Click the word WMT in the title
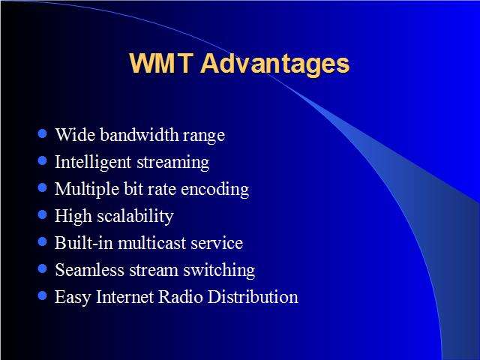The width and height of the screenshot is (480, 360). pos(161,63)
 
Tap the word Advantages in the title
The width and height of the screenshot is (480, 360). pos(275,64)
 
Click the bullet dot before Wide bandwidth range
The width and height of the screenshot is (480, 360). pos(42,133)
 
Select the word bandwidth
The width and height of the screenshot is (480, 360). pos(139,134)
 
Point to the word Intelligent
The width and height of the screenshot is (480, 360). pos(93,162)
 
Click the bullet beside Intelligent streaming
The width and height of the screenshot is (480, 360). pos(42,160)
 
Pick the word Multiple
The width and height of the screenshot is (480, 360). pos(87,189)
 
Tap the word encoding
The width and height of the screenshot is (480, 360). pos(215,189)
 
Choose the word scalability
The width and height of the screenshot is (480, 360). pos(135,216)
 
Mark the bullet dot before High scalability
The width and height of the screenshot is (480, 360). pos(42,214)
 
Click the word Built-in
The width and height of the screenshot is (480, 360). pos(84,243)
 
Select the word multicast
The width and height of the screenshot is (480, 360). pos(152,243)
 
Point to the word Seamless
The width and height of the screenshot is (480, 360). pos(89,270)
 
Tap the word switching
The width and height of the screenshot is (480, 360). pos(219,271)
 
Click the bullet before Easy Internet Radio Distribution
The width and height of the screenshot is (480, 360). pos(42,295)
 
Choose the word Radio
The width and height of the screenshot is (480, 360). pos(180,297)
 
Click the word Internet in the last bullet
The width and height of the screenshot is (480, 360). pos(124,297)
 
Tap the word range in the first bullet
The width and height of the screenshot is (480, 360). pos(204,136)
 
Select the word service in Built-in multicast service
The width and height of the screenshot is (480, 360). pos(217,244)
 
